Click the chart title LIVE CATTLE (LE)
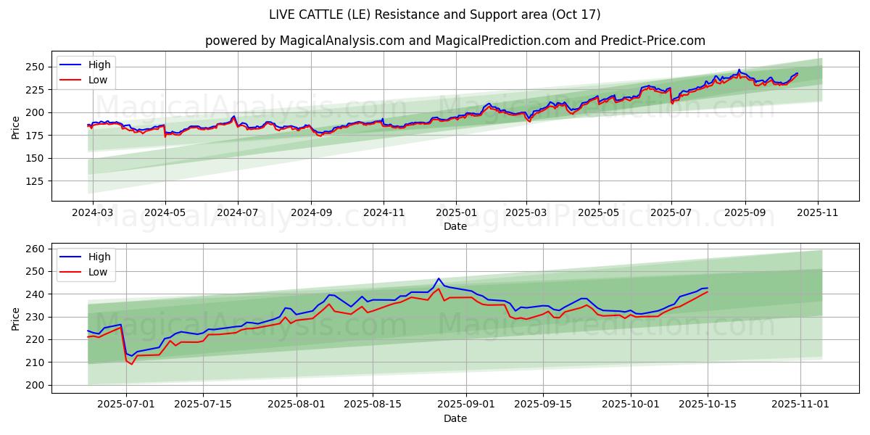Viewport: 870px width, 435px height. pyautogui.click(x=434, y=14)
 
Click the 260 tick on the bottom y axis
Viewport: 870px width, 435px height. pyautogui.click(x=34, y=249)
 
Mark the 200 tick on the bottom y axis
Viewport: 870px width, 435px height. pyautogui.click(x=34, y=385)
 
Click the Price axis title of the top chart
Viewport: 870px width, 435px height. pyautogui.click(x=16, y=127)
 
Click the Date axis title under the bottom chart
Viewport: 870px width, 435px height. pyautogui.click(x=455, y=418)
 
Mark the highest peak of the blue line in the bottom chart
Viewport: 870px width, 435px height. pyautogui.click(x=439, y=278)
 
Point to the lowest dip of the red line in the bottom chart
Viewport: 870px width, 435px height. pyautogui.click(x=131, y=364)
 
